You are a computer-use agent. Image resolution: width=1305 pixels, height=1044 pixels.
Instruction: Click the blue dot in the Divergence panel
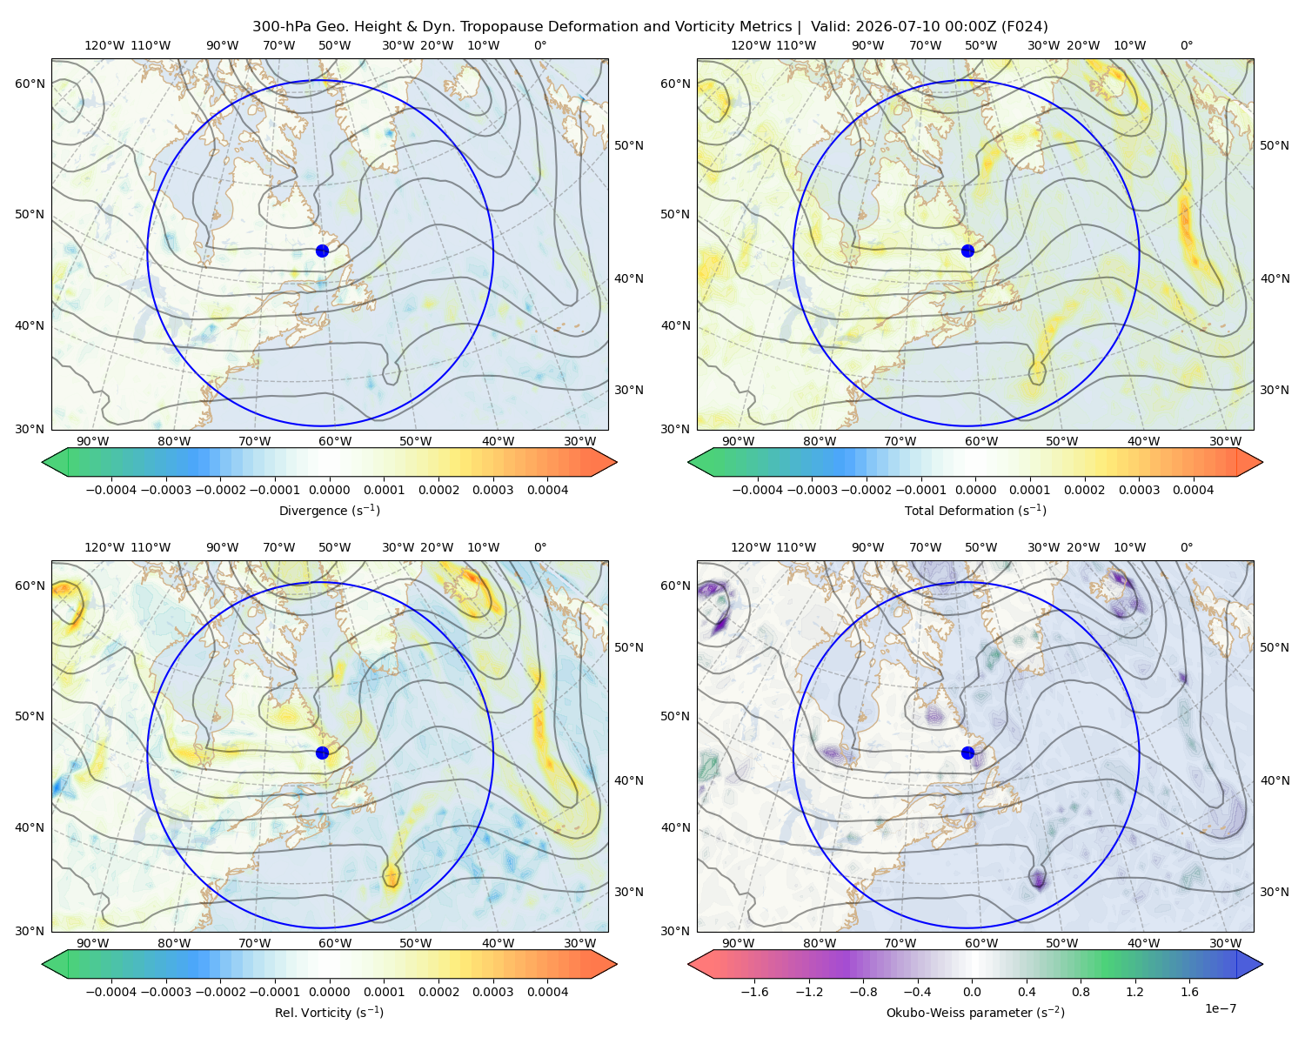coord(322,251)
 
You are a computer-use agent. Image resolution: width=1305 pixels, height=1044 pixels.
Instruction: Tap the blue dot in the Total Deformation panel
coord(967,251)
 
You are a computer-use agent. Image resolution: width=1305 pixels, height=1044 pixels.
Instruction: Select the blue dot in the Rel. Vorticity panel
coord(322,753)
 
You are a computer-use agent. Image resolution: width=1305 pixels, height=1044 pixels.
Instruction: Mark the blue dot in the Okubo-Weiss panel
coord(967,753)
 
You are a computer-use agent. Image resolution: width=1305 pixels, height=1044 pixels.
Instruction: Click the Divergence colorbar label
coord(329,510)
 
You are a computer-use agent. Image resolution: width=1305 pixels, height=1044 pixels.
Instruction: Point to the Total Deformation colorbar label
coord(975,510)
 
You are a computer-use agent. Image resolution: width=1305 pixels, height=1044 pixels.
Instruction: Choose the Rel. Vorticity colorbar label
coord(329,1012)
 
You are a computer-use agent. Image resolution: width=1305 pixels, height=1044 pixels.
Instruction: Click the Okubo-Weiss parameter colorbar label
coord(975,1012)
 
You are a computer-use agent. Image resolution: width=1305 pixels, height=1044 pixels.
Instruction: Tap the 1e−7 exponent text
coord(1220,1008)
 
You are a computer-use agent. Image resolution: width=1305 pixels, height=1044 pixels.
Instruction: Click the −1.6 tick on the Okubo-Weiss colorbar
coord(754,992)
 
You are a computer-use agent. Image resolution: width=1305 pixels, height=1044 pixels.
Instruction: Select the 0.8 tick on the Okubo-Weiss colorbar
coord(1081,992)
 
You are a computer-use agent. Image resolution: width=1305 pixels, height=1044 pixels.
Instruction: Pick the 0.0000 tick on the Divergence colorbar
coord(329,490)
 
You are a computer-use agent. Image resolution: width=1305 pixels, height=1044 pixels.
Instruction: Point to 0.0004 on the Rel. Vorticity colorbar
coord(547,992)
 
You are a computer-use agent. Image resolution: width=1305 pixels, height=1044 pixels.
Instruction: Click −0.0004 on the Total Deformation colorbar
coord(757,490)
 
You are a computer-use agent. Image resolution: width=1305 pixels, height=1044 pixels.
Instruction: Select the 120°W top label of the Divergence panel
coord(104,45)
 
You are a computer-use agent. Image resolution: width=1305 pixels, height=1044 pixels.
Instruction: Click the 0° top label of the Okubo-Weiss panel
coord(1186,547)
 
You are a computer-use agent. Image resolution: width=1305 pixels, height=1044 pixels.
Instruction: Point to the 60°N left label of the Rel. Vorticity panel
coord(30,586)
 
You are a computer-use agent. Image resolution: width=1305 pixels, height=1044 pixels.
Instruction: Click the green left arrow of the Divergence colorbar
coord(55,462)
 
